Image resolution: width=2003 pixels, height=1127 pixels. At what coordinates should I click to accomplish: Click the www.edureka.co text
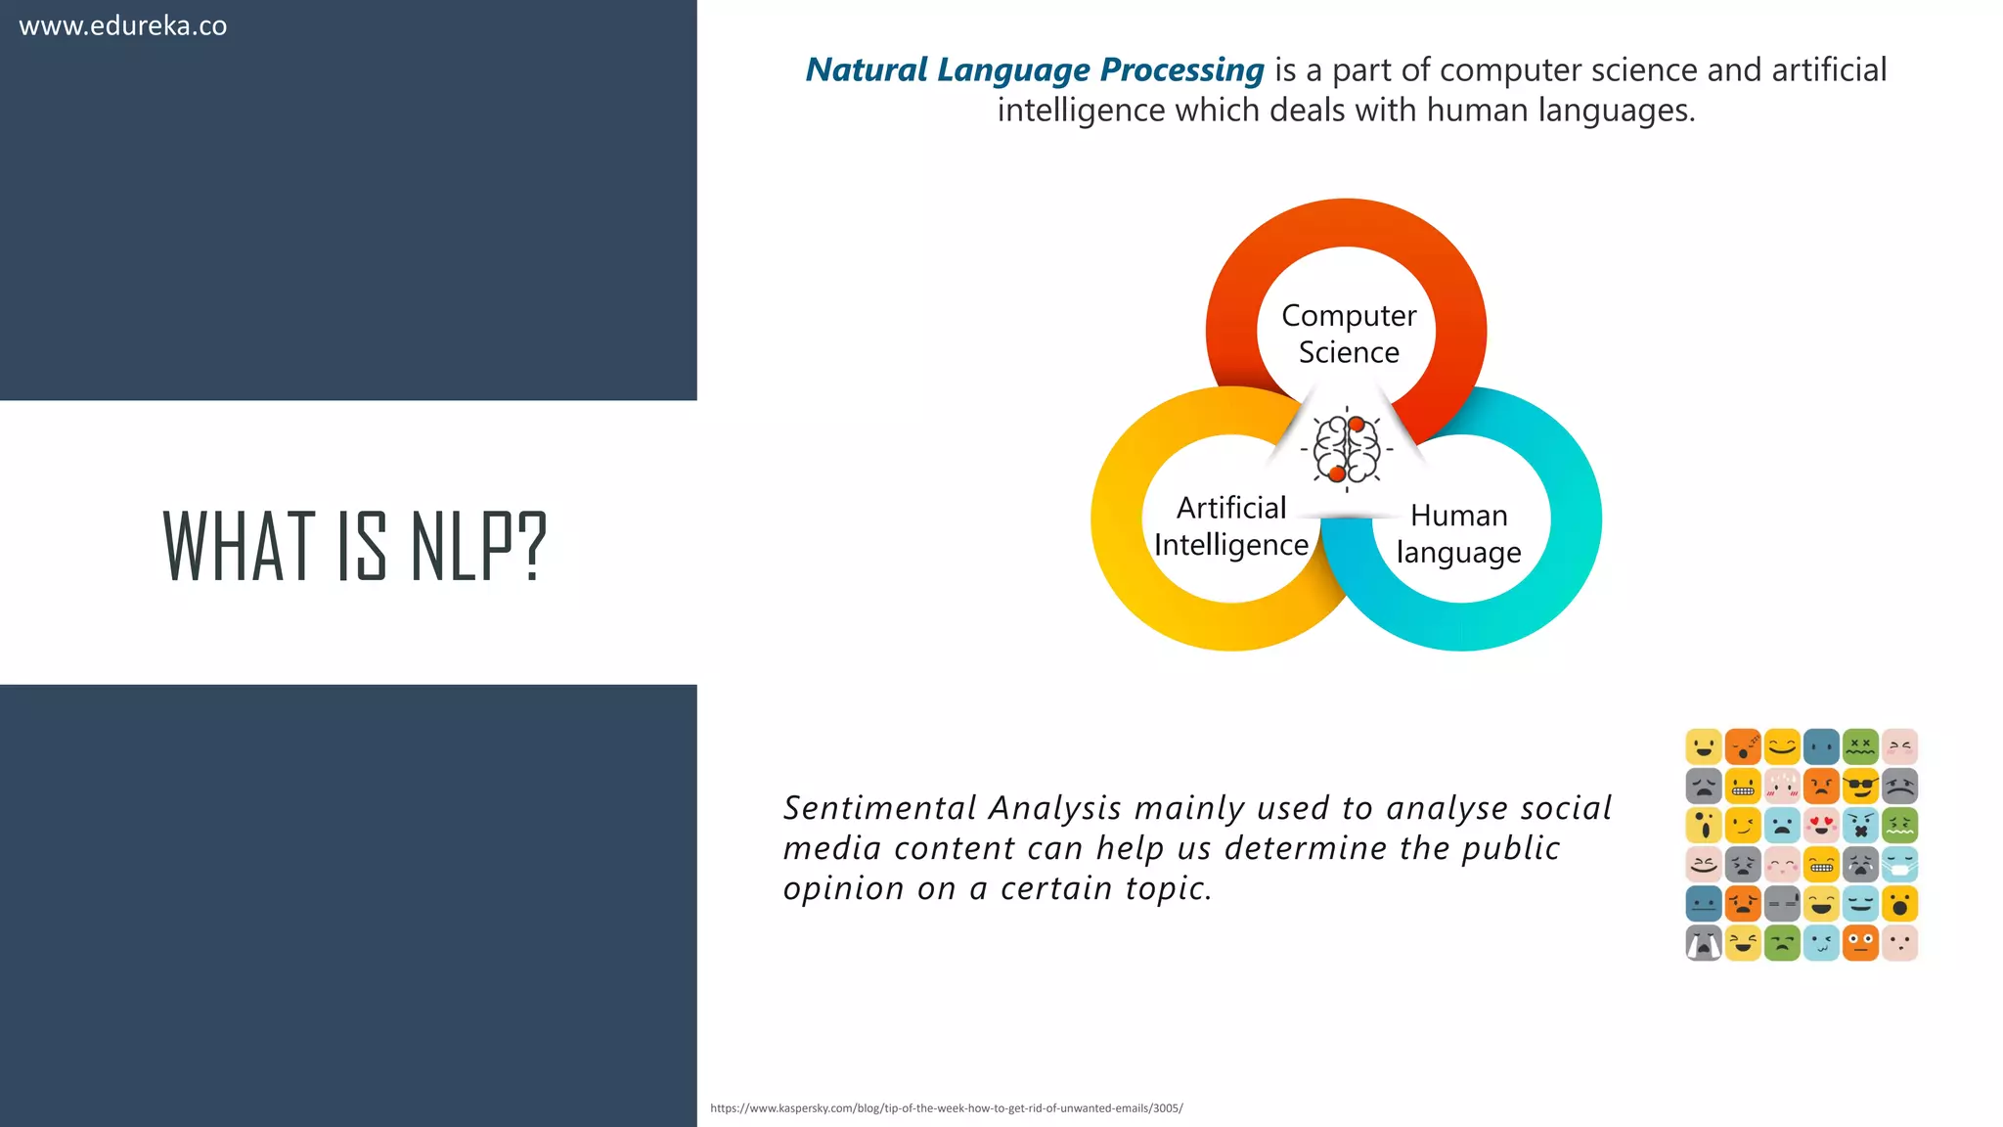click(x=123, y=25)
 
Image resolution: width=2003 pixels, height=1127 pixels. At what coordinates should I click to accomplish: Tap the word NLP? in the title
click(x=478, y=546)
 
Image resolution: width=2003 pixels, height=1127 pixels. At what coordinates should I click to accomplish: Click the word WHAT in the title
click(x=240, y=546)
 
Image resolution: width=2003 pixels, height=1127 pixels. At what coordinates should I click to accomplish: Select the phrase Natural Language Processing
click(x=1034, y=69)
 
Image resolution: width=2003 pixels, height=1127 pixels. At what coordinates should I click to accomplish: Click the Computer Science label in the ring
click(x=1348, y=334)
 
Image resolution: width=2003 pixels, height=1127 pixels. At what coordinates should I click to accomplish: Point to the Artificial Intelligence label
click(x=1230, y=526)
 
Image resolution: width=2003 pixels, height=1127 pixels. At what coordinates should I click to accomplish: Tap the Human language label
click(x=1458, y=533)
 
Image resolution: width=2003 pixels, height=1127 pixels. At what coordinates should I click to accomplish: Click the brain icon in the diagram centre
click(x=1347, y=449)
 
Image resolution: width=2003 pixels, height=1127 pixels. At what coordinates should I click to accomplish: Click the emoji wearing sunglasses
click(x=1860, y=786)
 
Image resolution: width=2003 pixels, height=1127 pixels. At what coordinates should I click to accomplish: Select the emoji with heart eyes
click(x=1821, y=825)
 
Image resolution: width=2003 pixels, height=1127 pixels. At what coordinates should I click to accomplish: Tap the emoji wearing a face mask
click(x=1899, y=864)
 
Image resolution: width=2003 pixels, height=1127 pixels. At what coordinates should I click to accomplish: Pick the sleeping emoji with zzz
click(x=1743, y=746)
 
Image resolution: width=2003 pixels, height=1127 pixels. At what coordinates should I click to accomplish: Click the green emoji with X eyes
click(x=1860, y=746)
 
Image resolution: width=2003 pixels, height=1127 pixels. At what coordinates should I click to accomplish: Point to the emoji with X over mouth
click(x=1860, y=825)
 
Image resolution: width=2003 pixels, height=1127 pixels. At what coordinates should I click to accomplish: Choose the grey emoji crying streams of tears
click(x=1704, y=943)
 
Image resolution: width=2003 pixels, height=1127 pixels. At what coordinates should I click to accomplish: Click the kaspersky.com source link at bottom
click(x=946, y=1108)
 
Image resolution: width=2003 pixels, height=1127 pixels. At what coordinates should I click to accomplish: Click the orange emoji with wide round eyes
click(x=1860, y=943)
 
